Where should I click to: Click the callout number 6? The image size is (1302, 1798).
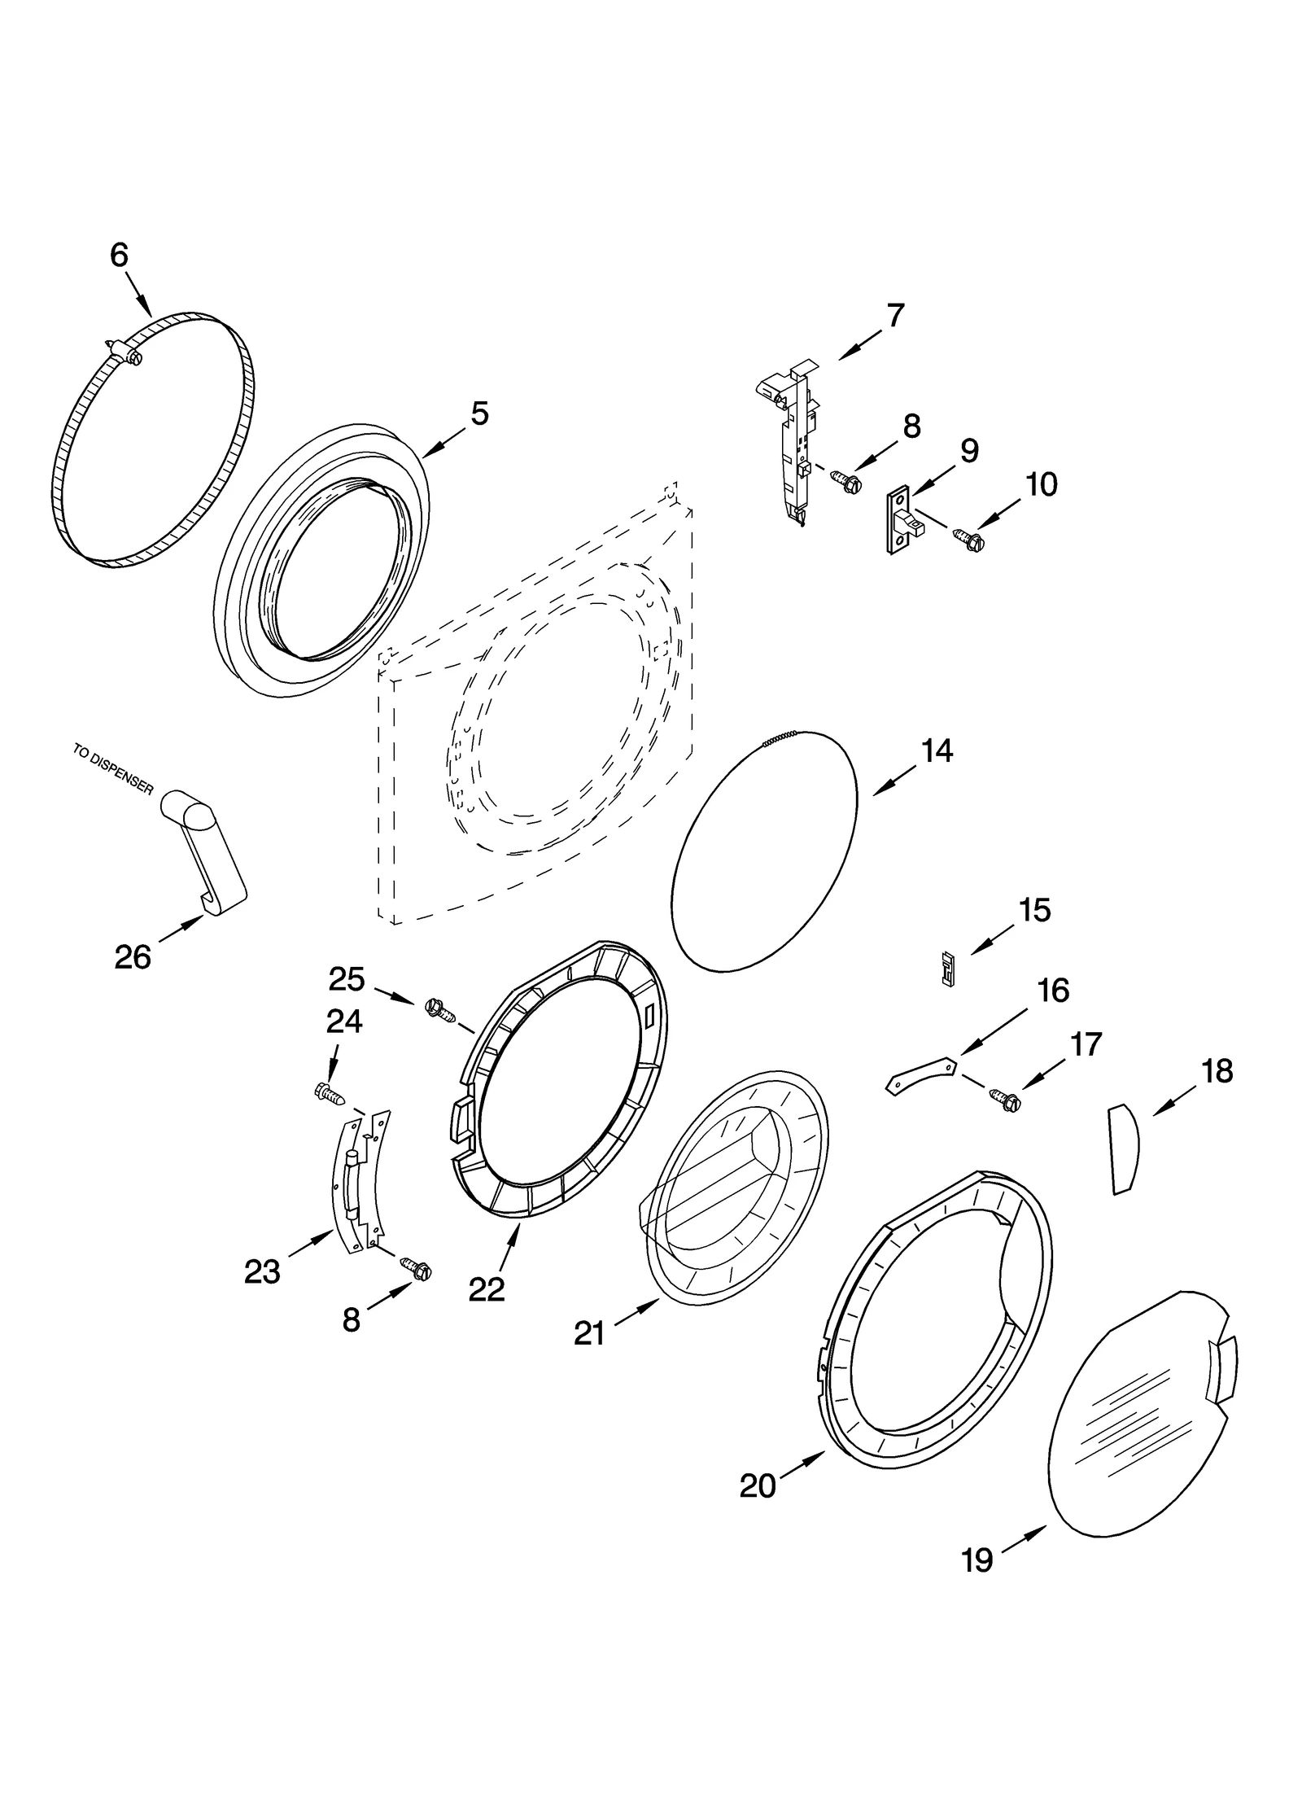click(x=120, y=256)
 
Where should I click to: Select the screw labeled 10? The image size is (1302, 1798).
click(x=968, y=537)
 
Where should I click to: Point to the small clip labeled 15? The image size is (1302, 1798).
click(x=946, y=969)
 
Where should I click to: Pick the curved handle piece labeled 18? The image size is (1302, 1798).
click(x=1124, y=1149)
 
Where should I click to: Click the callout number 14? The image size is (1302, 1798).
click(x=937, y=750)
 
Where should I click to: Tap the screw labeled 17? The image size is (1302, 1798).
click(x=1006, y=1099)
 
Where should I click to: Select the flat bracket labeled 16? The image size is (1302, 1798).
click(x=920, y=1073)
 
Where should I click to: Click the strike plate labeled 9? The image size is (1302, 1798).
click(x=902, y=520)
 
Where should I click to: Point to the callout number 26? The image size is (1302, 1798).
click(x=133, y=957)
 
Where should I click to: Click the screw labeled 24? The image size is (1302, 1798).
click(x=329, y=1092)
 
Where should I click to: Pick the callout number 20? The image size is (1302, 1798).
click(x=758, y=1486)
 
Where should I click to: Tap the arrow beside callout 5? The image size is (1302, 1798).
click(x=441, y=445)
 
